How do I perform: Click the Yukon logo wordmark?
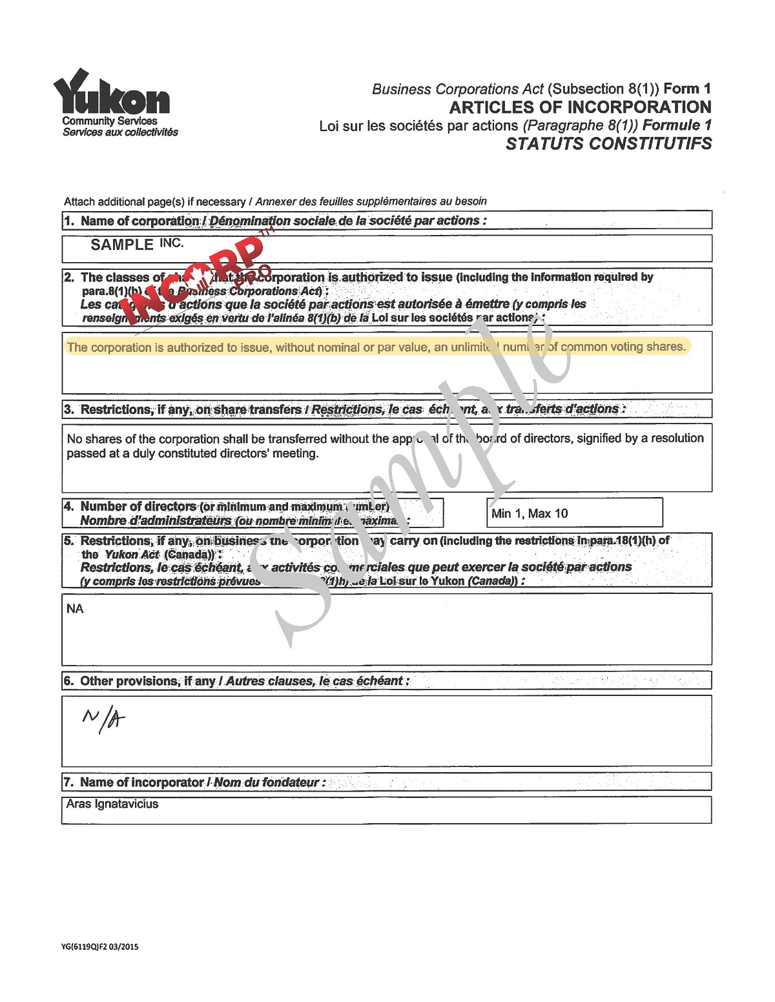tap(111, 94)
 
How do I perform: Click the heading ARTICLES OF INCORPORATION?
tap(580, 107)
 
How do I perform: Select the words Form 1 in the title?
tap(687, 89)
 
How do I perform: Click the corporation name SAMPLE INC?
tap(137, 245)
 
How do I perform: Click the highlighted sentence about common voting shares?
tap(376, 347)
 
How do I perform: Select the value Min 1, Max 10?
tap(530, 514)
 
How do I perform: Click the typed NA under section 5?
tap(75, 609)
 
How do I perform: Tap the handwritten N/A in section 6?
tap(103, 717)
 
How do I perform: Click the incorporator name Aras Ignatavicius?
tap(112, 804)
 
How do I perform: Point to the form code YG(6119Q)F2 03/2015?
tap(99, 947)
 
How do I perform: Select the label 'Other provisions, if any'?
tap(147, 681)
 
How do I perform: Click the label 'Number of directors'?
tap(138, 507)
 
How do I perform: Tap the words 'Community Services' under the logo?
tap(110, 121)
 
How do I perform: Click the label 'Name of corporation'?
tap(139, 221)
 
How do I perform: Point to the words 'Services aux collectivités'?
tap(120, 132)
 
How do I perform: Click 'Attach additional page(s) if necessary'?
tap(154, 201)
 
